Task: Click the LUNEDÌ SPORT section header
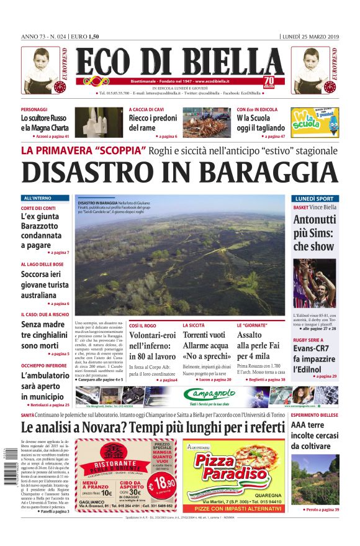315,199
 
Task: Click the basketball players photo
315,283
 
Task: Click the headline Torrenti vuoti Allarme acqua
205,345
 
